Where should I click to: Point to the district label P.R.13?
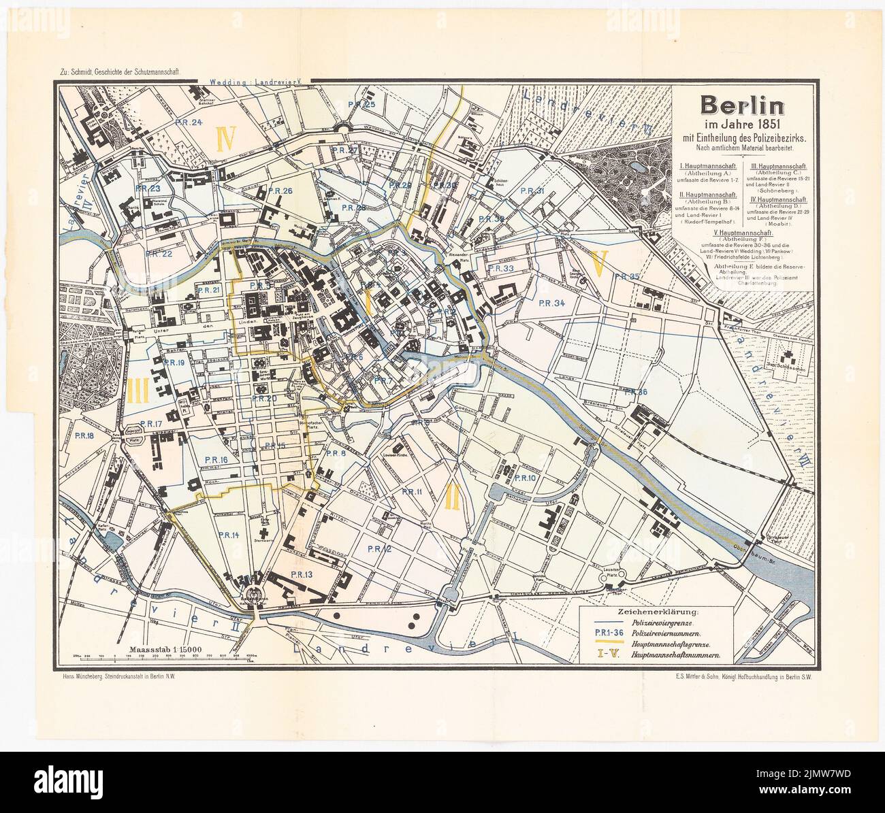point(301,575)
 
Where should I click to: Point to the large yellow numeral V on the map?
point(599,262)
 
